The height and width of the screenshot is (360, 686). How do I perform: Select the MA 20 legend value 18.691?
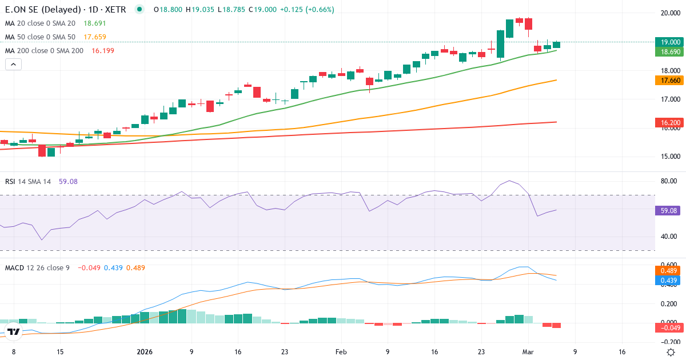[94, 23]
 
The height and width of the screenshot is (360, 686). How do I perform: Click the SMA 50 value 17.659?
[94, 37]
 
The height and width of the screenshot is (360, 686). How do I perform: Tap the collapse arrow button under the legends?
[13, 64]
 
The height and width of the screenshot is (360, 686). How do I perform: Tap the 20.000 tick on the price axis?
[670, 14]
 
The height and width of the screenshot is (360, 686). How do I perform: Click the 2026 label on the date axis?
[145, 352]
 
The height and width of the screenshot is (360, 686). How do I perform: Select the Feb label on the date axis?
[341, 352]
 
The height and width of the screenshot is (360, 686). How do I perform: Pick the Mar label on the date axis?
[528, 352]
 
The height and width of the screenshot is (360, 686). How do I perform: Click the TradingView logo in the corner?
[14, 331]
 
